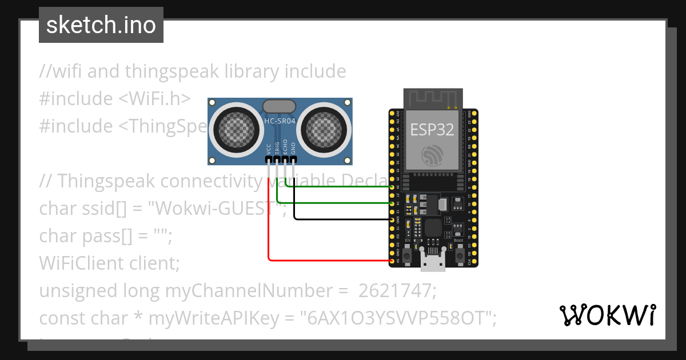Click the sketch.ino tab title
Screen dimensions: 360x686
101,25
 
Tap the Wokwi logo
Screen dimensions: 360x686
607,315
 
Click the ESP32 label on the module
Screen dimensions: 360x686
432,130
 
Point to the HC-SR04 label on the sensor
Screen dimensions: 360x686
280,122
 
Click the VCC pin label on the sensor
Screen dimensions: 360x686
269,149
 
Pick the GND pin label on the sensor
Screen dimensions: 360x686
293,149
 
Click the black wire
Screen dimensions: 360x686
343,219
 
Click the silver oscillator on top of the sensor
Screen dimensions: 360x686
279,106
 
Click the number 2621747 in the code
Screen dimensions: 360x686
397,291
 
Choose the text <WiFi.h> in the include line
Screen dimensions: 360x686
154,99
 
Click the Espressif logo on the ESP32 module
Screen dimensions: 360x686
432,155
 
